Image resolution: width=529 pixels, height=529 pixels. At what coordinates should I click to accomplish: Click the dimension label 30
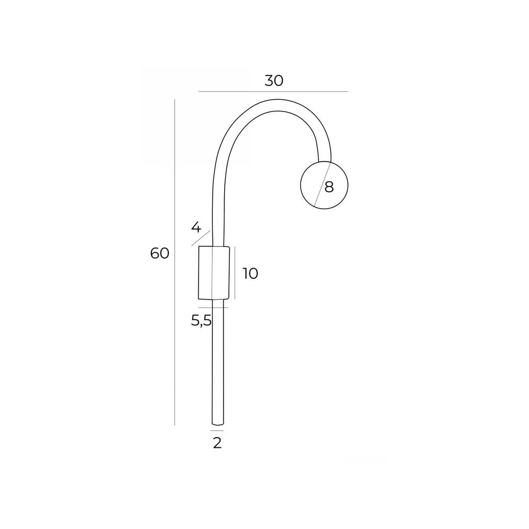point(274,81)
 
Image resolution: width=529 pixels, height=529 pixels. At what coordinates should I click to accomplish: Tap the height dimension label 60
point(160,253)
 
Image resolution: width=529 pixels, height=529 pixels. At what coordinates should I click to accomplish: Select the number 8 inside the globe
point(329,187)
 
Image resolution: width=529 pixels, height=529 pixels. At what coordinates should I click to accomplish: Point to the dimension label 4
point(196,227)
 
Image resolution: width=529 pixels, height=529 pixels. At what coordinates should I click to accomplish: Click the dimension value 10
point(251,273)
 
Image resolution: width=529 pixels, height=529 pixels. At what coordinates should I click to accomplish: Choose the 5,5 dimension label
point(201,320)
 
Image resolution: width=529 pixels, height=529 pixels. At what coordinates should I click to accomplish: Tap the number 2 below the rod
point(217,443)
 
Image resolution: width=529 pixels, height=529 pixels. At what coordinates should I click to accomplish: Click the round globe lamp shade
point(324,185)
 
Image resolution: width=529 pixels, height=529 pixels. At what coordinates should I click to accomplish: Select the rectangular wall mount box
point(214,273)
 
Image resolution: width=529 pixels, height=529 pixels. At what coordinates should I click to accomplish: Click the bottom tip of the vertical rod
point(218,424)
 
